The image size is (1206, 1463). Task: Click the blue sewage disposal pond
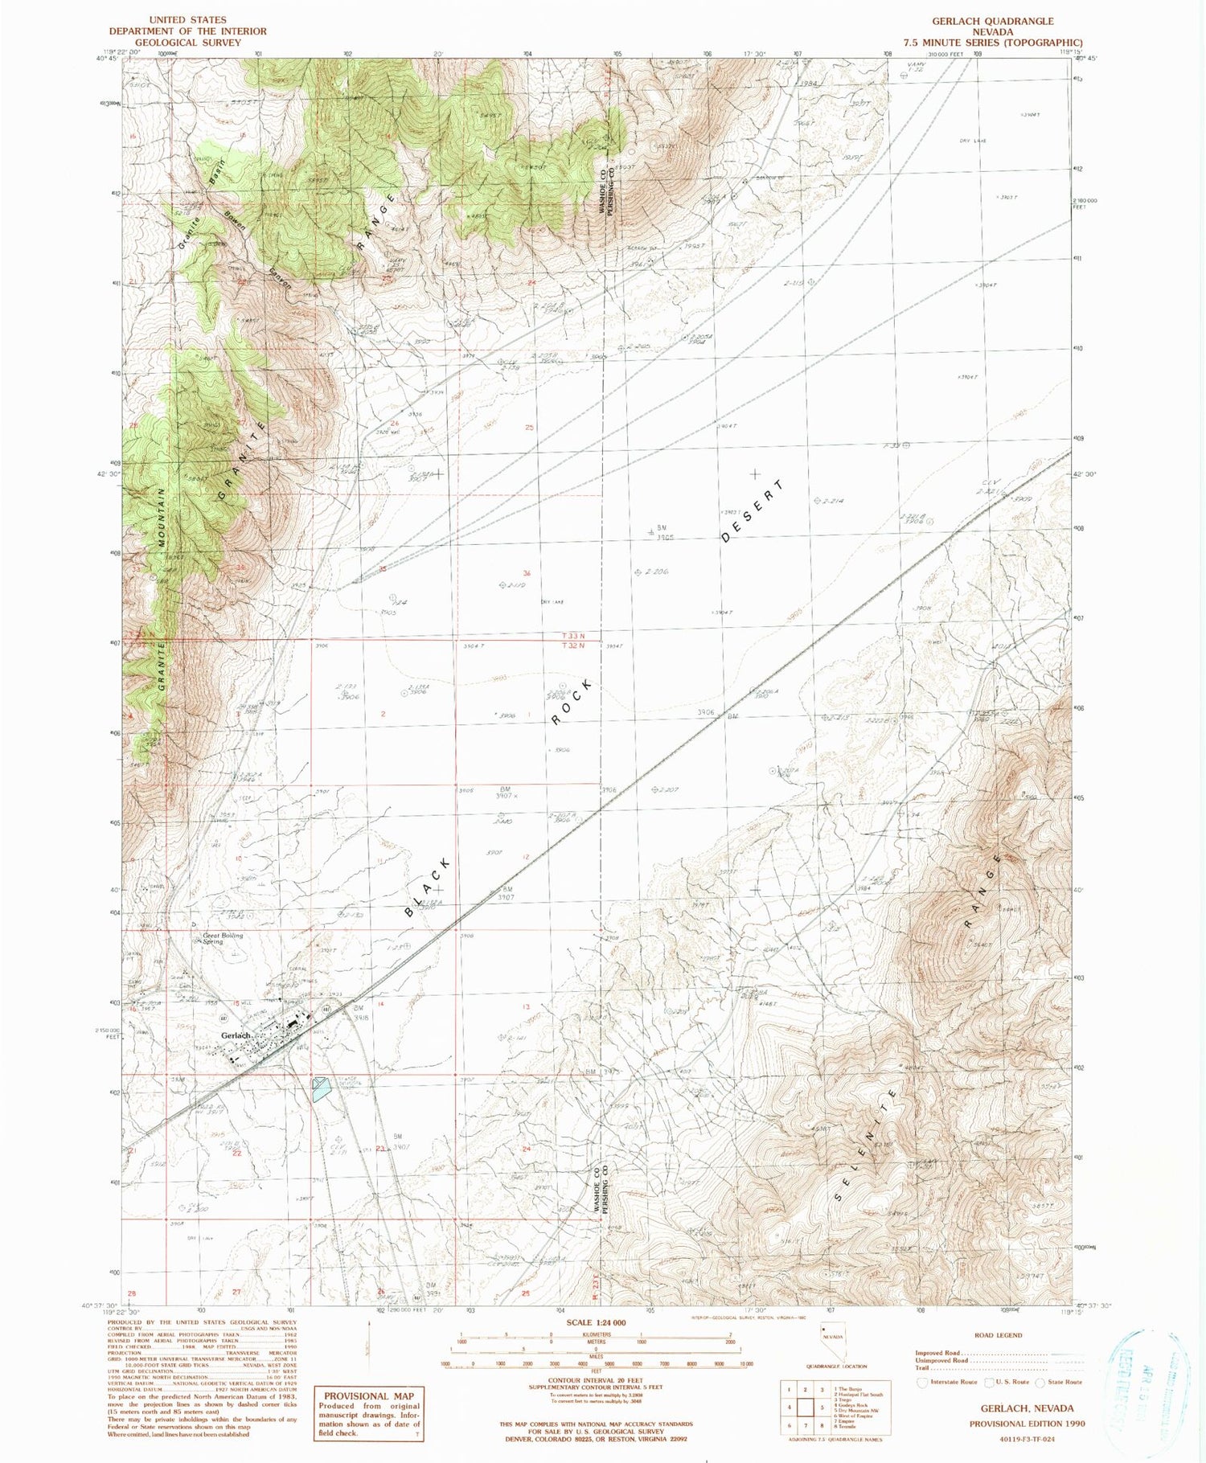[x=321, y=1089]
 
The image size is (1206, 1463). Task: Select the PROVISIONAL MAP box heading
[x=369, y=1396]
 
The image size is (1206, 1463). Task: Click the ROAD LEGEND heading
[x=999, y=1335]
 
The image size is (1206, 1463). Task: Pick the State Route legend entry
[x=1060, y=1383]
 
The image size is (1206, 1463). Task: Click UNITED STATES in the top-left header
[x=188, y=19]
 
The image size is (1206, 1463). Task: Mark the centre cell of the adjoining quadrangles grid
[x=806, y=1407]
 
